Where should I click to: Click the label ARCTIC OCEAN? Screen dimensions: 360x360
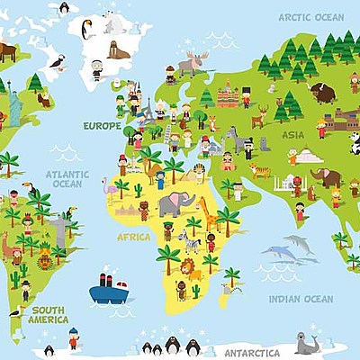pyautogui.click(x=310, y=17)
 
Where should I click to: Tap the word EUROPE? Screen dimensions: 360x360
pyautogui.click(x=102, y=126)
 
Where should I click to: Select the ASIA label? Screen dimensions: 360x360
pyautogui.click(x=292, y=135)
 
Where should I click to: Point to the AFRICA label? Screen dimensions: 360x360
pyautogui.click(x=134, y=237)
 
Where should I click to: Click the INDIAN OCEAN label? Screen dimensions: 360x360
pyautogui.click(x=301, y=299)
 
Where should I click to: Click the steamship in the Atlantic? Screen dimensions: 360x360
pyautogui.click(x=108, y=289)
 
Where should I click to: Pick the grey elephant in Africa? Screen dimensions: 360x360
pyautogui.click(x=175, y=204)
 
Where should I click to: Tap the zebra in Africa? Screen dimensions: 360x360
pyautogui.click(x=189, y=241)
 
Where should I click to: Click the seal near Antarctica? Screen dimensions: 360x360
pyautogui.click(x=307, y=344)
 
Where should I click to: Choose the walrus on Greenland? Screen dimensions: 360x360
pyautogui.click(x=118, y=49)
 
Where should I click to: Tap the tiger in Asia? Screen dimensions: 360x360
pyautogui.click(x=259, y=170)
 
